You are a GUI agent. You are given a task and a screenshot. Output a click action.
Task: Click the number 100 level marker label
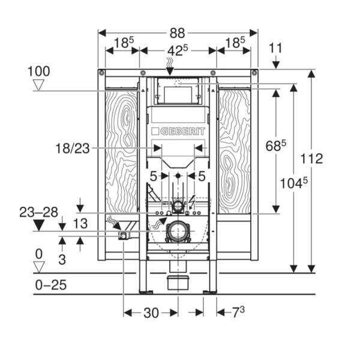point(39,71)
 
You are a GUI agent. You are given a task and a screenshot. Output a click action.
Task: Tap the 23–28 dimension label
point(39,211)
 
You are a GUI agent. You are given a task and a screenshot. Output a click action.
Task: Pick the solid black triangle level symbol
point(40,225)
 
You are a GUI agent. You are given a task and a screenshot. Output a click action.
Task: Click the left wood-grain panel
point(121,150)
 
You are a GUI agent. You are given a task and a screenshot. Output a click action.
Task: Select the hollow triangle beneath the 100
point(40,85)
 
